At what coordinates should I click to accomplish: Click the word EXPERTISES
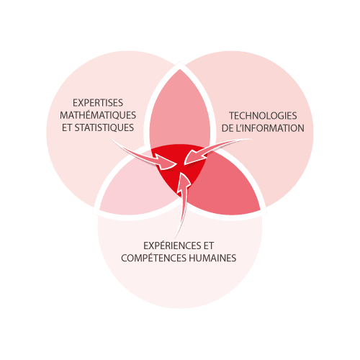(98, 103)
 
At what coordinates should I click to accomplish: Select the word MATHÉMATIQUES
(98, 115)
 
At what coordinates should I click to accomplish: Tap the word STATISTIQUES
(104, 127)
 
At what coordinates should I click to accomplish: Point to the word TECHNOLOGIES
(263, 116)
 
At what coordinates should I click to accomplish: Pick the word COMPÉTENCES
(154, 258)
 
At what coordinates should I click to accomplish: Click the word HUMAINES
(212, 258)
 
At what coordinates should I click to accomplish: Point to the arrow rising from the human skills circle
(183, 204)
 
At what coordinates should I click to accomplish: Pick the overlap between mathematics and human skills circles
(135, 189)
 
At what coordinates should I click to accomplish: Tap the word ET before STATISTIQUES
(67, 128)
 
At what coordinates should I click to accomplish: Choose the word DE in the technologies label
(228, 128)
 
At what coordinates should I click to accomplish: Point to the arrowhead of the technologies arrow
(193, 157)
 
